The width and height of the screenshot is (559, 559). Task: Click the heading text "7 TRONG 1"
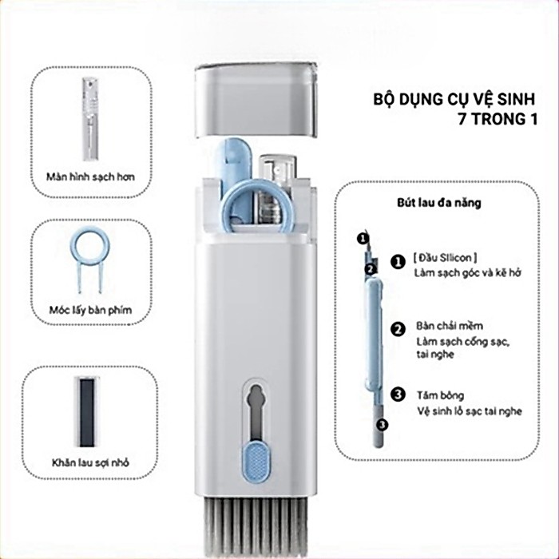[498, 119]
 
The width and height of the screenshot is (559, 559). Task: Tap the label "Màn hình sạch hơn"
[90, 176]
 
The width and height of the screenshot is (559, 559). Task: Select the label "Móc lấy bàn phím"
[90, 310]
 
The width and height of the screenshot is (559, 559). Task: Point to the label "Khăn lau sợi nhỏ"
[90, 462]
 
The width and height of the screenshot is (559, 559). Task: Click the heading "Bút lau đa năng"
[439, 203]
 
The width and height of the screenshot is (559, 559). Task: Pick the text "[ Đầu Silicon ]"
[445, 257]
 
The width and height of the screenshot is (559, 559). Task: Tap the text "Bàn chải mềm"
[450, 326]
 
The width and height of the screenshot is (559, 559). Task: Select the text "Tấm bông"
[441, 395]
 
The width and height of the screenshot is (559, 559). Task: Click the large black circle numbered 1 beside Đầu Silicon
[398, 262]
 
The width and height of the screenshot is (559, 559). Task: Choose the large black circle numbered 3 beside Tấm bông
[398, 394]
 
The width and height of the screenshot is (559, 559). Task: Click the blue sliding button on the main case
[256, 462]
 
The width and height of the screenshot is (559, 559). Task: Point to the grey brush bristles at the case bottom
[256, 527]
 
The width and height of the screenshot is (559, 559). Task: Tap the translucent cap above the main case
[256, 100]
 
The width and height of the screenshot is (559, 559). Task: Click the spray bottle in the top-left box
[90, 119]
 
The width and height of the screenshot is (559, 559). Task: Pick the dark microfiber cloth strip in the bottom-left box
[87, 412]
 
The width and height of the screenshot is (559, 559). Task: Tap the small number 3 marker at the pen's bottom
[382, 425]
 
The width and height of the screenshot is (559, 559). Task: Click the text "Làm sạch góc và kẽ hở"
[467, 273]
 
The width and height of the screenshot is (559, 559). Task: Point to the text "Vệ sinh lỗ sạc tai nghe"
[470, 411]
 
